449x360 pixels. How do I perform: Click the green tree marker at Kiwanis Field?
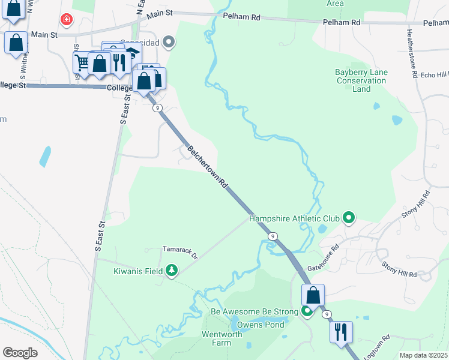[172, 271]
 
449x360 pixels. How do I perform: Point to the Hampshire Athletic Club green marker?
[348, 218]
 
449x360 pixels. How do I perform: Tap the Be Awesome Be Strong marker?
[307, 311]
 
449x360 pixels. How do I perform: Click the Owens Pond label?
[261, 325]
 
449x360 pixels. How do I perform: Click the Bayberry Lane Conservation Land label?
[361, 80]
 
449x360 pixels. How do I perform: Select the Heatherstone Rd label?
[412, 54]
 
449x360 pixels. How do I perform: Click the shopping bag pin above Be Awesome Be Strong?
[313, 295]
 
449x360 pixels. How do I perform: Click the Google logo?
[20, 353]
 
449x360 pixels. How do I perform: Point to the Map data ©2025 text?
[423, 355]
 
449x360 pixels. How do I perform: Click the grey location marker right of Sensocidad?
[169, 42]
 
